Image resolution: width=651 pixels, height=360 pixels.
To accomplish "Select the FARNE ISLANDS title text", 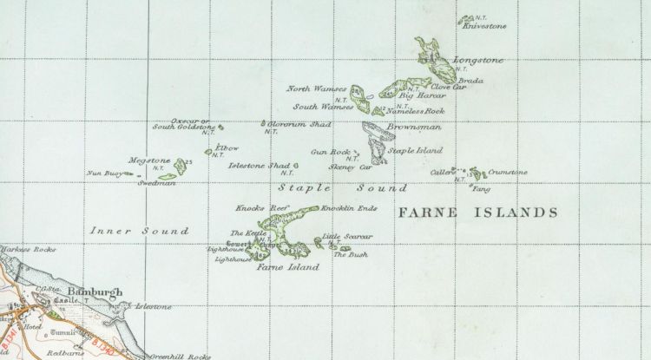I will (475, 212).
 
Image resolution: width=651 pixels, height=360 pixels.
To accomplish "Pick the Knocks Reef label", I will (254, 209).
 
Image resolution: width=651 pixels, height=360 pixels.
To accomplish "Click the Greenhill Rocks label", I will (181, 355).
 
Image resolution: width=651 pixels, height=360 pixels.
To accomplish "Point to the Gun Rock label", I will (330, 151).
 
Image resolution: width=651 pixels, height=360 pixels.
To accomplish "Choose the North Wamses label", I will (317, 88).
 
